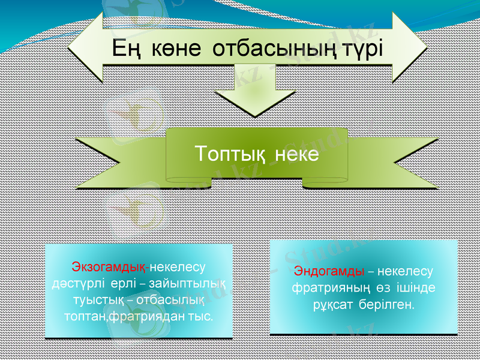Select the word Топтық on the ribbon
point(230,154)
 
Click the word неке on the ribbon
point(297,154)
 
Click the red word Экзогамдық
point(110,266)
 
